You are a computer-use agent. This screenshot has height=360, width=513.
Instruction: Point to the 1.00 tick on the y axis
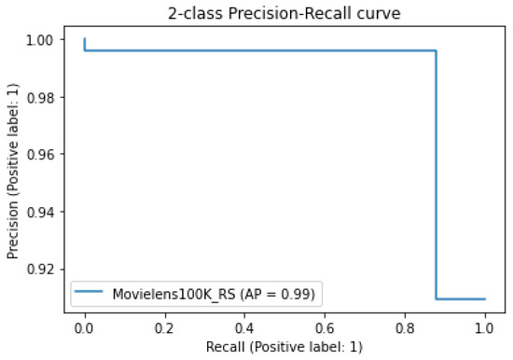pos(41,40)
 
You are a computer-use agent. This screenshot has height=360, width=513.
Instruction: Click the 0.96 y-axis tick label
pos(41,155)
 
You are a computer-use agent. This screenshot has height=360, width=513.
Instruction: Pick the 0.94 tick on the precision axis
pos(41,212)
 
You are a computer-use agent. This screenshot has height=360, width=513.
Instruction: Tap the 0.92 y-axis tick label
pos(41,270)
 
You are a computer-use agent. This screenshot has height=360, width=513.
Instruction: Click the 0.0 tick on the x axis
pos(85,328)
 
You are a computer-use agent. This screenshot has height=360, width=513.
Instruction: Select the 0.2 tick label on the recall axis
pos(165,328)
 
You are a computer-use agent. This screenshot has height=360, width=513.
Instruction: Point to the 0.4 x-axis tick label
pos(245,328)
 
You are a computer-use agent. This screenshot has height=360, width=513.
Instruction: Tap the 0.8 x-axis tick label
pos(405,328)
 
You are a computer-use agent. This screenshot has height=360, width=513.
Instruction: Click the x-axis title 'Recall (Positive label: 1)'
pos(284,347)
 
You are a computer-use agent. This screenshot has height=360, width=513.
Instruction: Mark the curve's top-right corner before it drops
pos(436,50)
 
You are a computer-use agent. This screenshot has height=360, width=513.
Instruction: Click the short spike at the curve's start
pos(85,44)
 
